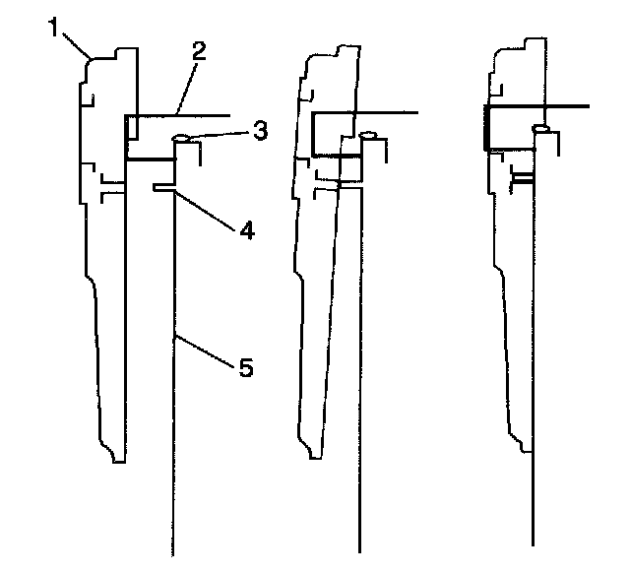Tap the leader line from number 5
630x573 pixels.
tap(207, 351)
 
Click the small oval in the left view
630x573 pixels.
tap(182, 138)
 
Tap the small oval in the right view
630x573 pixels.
tap(540, 128)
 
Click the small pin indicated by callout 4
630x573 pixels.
tap(163, 185)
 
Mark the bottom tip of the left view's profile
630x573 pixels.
tap(119, 461)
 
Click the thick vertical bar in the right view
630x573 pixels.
tap(485, 126)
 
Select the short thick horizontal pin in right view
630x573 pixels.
tap(523, 180)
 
